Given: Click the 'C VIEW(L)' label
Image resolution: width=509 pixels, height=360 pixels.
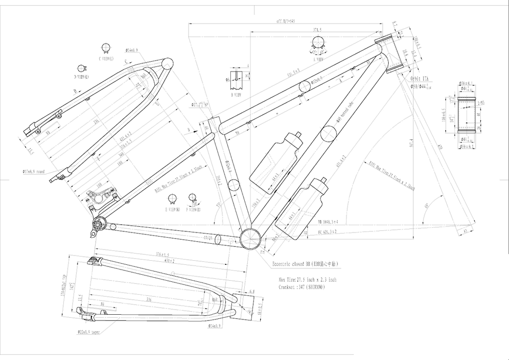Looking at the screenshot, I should [x=106, y=59].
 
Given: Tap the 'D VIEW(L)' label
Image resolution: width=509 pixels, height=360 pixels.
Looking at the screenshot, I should [x=81, y=77].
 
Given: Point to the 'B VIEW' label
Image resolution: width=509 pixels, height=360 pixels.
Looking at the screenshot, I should [x=237, y=94].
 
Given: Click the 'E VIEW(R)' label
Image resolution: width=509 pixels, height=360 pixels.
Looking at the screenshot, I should [x=173, y=209].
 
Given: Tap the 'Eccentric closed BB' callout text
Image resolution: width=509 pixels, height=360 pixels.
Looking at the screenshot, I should [x=305, y=264].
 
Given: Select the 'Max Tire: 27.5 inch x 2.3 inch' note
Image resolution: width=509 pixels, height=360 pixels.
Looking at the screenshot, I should [x=308, y=280].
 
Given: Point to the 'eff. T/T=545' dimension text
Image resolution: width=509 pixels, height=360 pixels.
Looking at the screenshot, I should [x=285, y=21].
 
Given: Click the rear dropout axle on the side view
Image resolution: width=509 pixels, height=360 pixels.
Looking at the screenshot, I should [x=98, y=224].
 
